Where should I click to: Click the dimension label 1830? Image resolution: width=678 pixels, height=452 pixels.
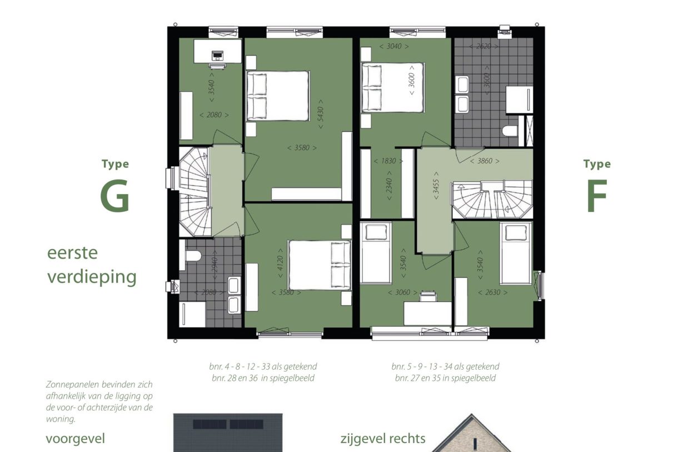coord(388,161)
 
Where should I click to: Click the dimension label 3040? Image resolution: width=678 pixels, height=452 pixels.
coord(393,46)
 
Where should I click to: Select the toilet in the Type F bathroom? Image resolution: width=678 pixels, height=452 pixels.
coord(509,131)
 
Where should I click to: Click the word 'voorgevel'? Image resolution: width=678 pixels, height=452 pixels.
coord(75,439)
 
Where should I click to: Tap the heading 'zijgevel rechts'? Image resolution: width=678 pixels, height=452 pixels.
coord(383,439)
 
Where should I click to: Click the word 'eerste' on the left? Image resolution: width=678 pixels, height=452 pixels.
coord(72,253)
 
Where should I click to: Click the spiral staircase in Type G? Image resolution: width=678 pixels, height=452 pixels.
coord(194,190)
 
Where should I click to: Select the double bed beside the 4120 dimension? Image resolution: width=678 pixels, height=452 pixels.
coord(320,265)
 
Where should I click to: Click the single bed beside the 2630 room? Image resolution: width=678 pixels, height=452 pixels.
coord(515,253)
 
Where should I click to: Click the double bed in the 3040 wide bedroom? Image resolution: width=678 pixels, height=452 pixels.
coord(392,88)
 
